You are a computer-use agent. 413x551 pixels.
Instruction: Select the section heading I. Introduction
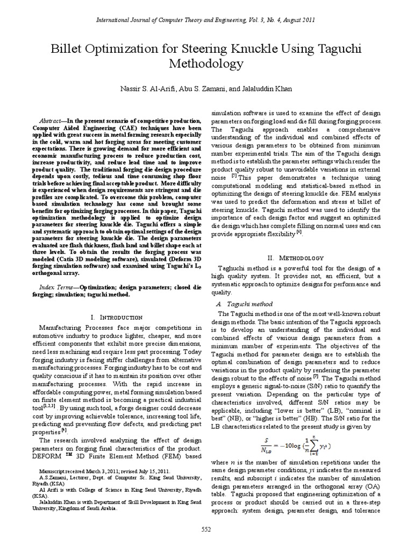(x=117, y=317)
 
